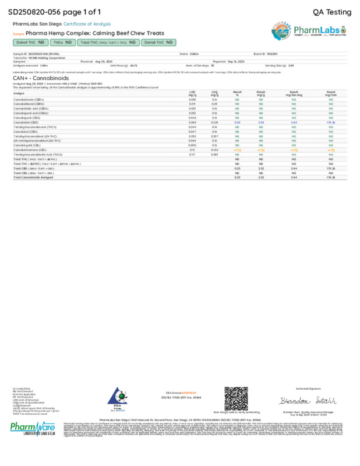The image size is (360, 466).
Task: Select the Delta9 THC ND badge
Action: pyautogui.click(x=30, y=43)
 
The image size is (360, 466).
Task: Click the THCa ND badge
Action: pyautogui.click(x=62, y=43)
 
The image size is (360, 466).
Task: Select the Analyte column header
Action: pyautogui.click(x=19, y=93)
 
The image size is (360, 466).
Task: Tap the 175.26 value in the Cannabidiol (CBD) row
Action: pyautogui.click(x=330, y=123)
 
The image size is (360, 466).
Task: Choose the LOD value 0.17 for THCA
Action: pyautogui.click(x=192, y=154)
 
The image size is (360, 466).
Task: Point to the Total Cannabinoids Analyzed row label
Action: pyautogui.click(x=33, y=177)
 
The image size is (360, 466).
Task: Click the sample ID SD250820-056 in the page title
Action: pyautogui.click(x=30, y=11)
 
